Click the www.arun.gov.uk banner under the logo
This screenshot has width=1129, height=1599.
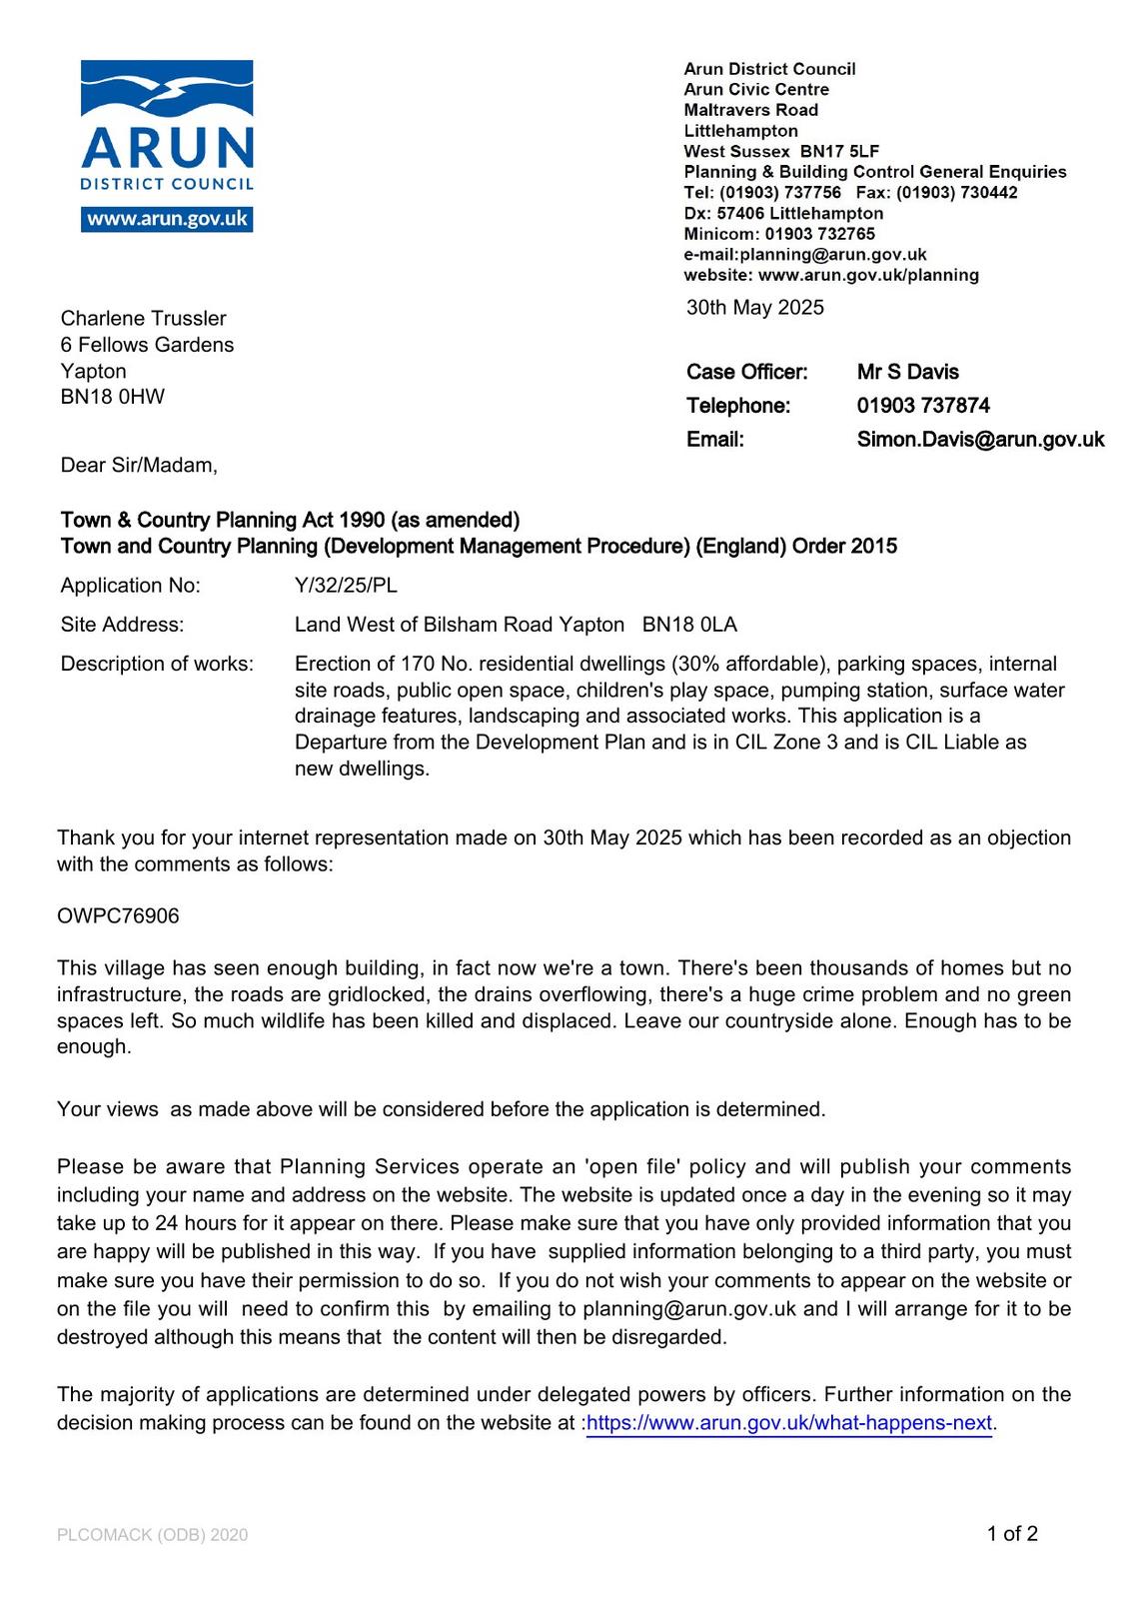tap(167, 220)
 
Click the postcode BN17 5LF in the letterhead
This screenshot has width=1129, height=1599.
tap(839, 151)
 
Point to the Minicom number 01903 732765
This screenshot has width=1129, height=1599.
tap(819, 234)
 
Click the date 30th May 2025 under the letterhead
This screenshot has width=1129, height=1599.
tap(754, 308)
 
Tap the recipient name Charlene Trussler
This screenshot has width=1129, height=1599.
tap(143, 319)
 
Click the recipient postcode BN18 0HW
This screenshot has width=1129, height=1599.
tap(112, 397)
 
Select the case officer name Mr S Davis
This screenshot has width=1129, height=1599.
tap(907, 372)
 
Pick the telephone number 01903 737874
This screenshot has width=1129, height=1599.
tap(923, 406)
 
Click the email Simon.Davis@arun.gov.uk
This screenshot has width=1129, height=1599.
tap(980, 440)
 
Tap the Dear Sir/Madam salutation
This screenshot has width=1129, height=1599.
tap(139, 466)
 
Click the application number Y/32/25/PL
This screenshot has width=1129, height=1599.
tap(346, 586)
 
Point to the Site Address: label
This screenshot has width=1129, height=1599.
tap(122, 625)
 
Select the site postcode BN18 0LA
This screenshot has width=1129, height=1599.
tap(689, 625)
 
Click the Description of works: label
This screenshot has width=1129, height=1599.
tap(157, 664)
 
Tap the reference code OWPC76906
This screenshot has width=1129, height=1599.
tap(118, 916)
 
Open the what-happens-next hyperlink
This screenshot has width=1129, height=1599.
tap(788, 1423)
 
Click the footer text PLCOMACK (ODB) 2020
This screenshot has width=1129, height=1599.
tap(152, 1535)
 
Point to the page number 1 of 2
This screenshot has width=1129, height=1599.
tap(1012, 1534)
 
